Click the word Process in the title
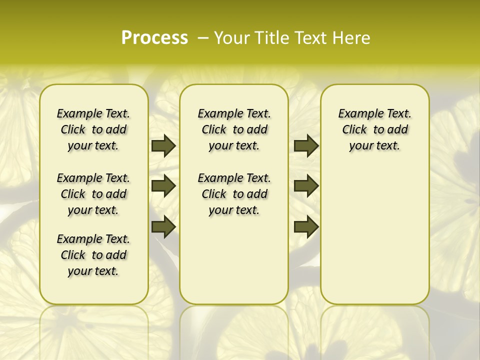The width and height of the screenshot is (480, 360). pos(154,37)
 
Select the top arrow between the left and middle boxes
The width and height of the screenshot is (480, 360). pos(163,145)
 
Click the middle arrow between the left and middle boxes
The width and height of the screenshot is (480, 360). pos(163,186)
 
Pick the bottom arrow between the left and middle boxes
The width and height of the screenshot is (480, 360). pos(163,226)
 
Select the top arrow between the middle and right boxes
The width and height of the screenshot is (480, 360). pos(306,145)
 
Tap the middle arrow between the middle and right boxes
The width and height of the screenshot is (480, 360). pos(306,186)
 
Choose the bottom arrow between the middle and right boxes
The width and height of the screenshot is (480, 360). pos(306,226)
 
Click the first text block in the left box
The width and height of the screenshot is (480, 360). pos(93,129)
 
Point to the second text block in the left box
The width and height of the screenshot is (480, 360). pos(93,194)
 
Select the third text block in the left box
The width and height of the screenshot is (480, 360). pos(93,255)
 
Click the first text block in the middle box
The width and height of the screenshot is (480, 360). pos(234,129)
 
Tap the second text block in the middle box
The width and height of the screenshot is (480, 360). pos(234,194)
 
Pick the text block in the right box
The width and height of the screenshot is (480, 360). pos(374,129)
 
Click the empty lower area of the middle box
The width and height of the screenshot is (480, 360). pos(234,260)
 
